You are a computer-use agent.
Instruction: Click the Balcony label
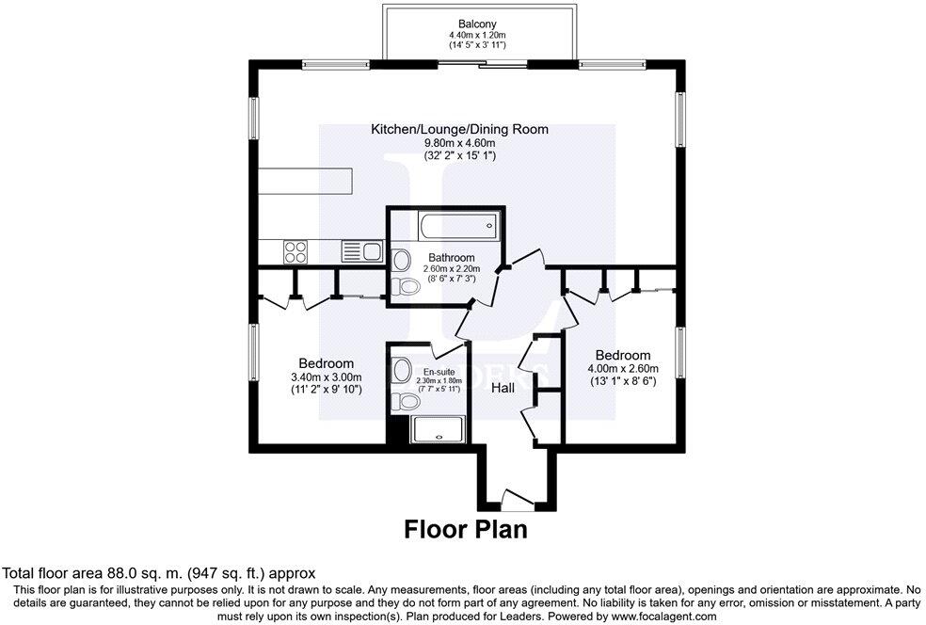pos(477,24)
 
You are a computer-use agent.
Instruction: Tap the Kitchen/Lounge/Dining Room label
pos(459,129)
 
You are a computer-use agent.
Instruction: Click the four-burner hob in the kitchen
pos(295,252)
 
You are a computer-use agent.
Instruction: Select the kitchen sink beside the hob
pos(362,251)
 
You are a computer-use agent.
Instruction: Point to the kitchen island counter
pos(305,182)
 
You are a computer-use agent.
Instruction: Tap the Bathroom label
pos(451,258)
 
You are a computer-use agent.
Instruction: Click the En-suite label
pos(439,372)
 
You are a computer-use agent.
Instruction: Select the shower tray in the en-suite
pos(439,429)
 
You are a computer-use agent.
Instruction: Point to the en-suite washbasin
pos(402,371)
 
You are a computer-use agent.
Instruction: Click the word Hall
pos(503,388)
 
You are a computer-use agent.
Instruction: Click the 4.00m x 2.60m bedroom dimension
pos(623,369)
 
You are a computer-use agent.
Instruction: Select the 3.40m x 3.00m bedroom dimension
pos(327,377)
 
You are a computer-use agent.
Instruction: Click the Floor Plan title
pos(466,529)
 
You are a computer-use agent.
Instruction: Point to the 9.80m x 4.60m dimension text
pos(460,143)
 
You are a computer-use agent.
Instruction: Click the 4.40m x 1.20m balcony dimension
pos(477,36)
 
